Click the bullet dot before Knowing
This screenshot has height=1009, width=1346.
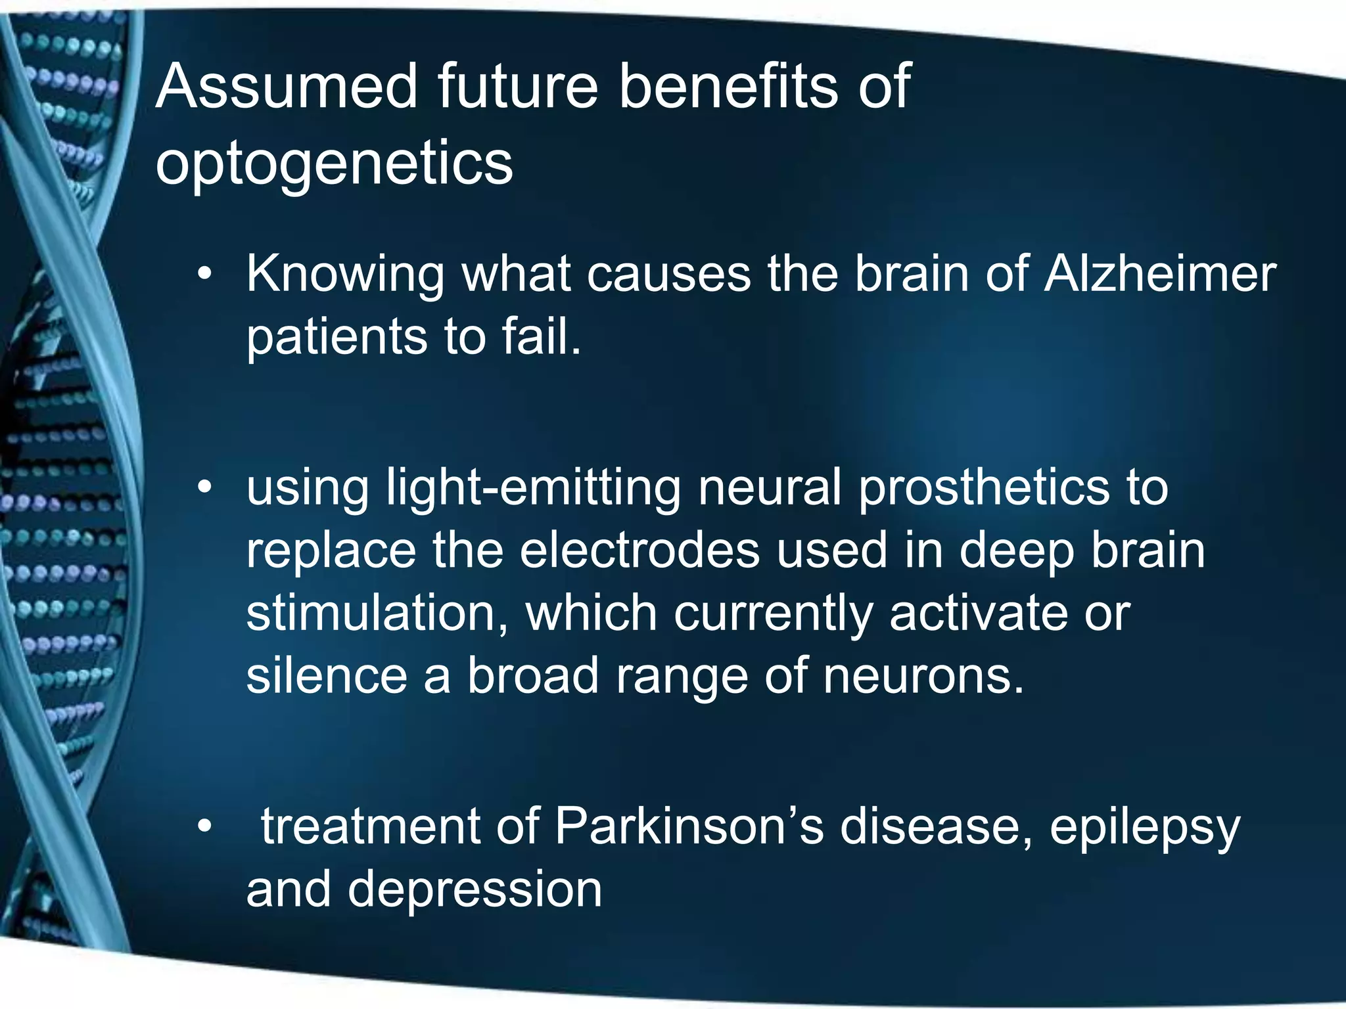(205, 274)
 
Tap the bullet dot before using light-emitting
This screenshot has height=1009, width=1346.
(205, 487)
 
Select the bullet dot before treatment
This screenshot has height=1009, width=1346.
(205, 826)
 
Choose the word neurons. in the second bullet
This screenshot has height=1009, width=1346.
(923, 676)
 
